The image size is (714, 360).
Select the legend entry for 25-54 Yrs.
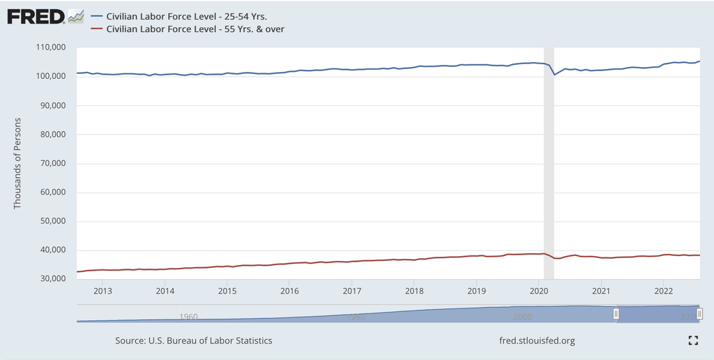click(187, 15)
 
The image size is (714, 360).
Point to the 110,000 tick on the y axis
click(50, 47)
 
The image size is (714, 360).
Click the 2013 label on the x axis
click(102, 291)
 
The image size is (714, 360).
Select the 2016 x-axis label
click(289, 291)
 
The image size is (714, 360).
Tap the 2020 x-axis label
click(539, 291)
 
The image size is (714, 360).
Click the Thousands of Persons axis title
click(18, 163)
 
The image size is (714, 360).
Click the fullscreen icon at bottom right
click(693, 340)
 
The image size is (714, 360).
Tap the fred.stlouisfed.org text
click(538, 340)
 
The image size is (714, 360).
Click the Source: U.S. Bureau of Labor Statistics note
click(194, 340)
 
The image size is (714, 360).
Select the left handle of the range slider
click(616, 314)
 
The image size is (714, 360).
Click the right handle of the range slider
click(699, 314)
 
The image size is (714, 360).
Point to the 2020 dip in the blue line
click(554, 74)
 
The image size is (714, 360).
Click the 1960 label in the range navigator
click(188, 317)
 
